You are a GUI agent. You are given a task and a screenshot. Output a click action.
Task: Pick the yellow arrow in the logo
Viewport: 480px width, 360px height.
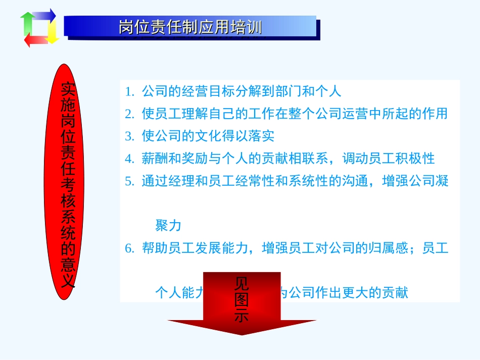pos(52,32)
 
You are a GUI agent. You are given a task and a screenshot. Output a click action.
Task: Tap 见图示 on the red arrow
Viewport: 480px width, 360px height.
pos(242,299)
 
